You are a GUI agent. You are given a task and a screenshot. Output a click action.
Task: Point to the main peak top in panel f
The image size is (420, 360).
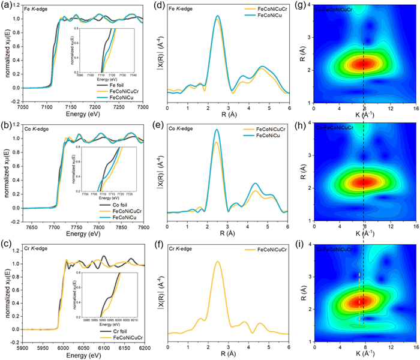pyautogui.click(x=218, y=262)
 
